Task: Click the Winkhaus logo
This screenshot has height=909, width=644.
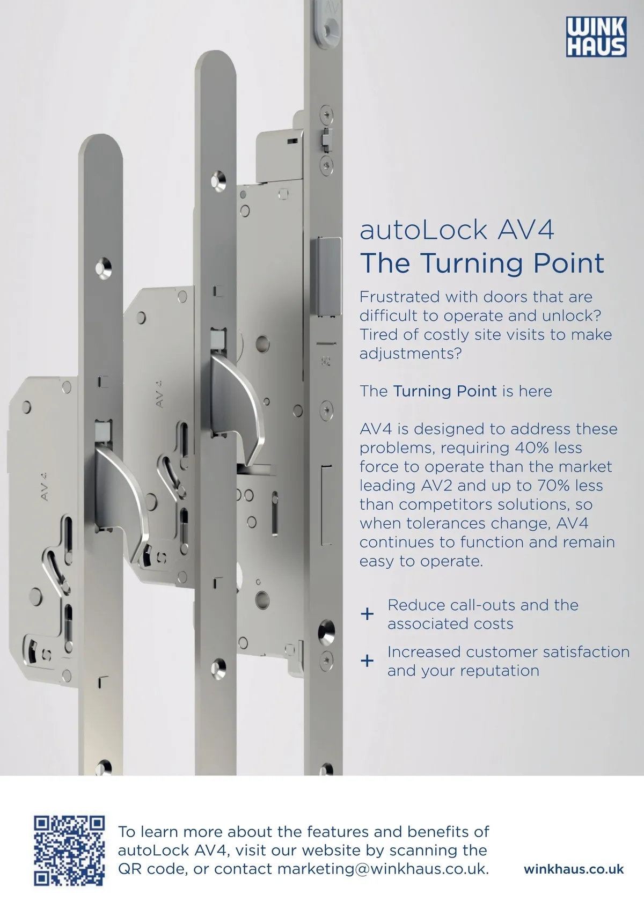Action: click(x=596, y=36)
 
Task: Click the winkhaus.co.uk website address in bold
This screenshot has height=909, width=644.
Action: click(x=574, y=869)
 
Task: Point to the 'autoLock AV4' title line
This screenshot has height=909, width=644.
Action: click(x=457, y=230)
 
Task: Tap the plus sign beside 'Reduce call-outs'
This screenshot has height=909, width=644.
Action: click(x=367, y=614)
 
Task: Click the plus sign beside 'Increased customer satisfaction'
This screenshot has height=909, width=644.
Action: click(x=367, y=661)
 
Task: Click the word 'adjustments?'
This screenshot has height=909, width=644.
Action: click(x=411, y=354)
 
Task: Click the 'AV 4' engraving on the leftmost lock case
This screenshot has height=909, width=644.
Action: click(x=45, y=486)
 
